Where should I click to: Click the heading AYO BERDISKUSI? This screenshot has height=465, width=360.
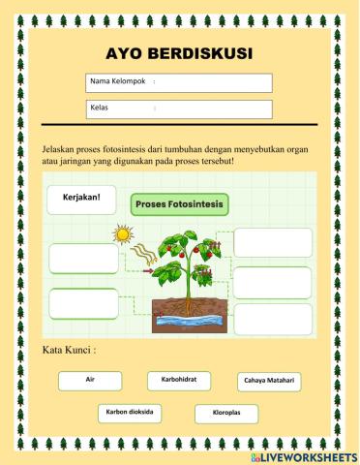pos(180,54)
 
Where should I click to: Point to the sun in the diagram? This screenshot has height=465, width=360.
pos(122,234)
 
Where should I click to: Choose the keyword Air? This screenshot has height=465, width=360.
pos(88,382)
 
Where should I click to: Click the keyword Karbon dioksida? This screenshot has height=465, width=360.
pos(129,413)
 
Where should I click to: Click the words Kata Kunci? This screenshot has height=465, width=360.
pos(71,351)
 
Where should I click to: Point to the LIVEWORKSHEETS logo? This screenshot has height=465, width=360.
pos(309,455)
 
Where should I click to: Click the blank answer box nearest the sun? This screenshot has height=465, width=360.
pos(83,258)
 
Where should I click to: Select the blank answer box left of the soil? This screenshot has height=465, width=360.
pos(83,303)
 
